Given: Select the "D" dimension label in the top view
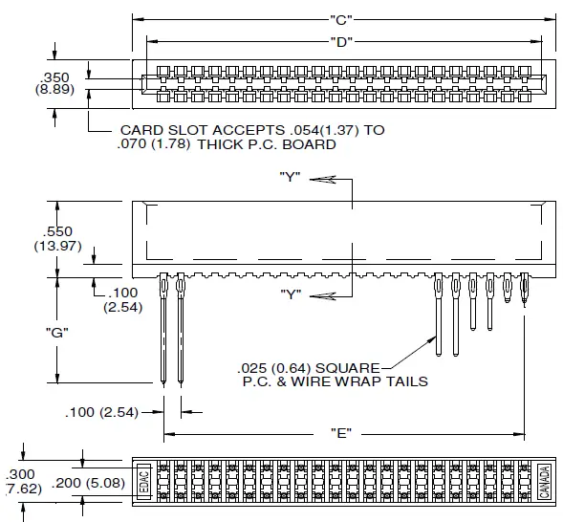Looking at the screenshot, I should tap(337, 40).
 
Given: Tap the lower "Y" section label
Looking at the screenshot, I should tap(292, 293).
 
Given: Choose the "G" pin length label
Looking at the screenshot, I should tap(59, 333).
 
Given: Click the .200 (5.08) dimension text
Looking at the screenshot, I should tap(88, 483).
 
